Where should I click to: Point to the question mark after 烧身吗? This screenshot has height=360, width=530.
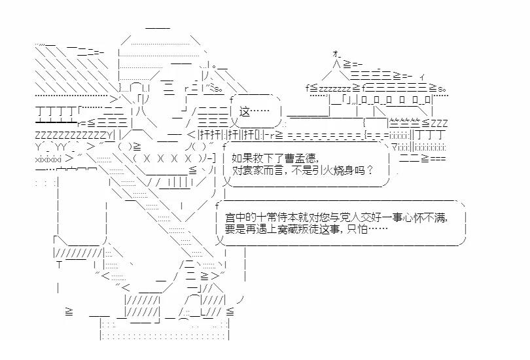(371, 170)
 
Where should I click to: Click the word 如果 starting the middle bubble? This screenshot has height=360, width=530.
(241, 158)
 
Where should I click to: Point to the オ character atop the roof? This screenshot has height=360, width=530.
(336, 52)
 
